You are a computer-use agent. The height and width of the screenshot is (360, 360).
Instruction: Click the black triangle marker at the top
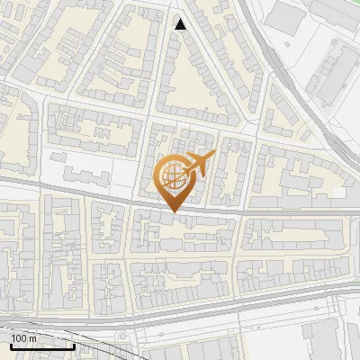point(181,24)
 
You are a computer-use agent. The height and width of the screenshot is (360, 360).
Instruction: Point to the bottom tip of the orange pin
point(171,211)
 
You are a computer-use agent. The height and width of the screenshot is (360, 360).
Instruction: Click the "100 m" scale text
point(24,337)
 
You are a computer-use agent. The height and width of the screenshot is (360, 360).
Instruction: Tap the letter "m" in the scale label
point(33,337)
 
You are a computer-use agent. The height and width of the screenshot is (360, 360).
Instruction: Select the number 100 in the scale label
point(20,337)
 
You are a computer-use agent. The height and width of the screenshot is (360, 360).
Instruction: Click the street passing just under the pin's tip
point(171,213)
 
